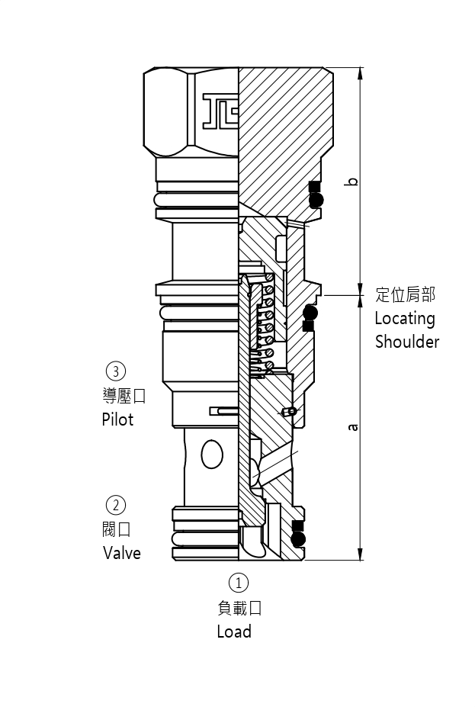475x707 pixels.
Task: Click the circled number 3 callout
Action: coord(115,371)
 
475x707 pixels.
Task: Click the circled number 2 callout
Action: coord(115,504)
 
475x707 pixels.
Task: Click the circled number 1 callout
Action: coord(239,583)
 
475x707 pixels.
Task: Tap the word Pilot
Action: coord(117,419)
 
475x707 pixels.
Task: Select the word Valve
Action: coord(122,552)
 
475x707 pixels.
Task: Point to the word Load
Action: coord(234,631)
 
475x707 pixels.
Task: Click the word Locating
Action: coord(404,318)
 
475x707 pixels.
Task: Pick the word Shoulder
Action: coord(407,342)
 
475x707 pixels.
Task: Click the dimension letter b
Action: coord(351,181)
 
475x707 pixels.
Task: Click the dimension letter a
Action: coord(352,427)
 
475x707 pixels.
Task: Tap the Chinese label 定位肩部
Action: coord(405,295)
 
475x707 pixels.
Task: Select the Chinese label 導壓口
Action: coord(124,396)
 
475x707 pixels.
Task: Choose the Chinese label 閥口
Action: coord(117,529)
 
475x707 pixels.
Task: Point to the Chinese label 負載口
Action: coord(239,608)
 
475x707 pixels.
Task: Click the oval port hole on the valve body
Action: coord(212,455)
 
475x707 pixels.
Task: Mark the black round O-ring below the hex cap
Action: coord(316,200)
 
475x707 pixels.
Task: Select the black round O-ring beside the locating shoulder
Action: coord(310,312)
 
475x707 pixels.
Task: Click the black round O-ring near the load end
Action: coord(298,539)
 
